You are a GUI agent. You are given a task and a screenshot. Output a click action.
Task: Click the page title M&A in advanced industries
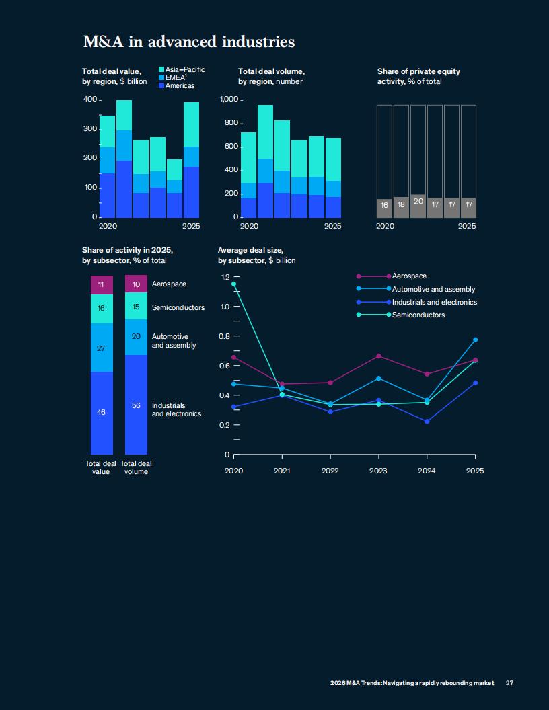point(188,42)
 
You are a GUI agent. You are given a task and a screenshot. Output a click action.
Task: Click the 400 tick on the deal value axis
point(90,100)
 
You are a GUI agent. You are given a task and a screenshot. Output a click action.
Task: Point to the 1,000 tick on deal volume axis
point(229,100)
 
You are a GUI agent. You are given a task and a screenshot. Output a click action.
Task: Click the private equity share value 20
point(418,201)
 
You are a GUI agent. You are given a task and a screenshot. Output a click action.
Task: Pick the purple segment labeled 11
point(102,284)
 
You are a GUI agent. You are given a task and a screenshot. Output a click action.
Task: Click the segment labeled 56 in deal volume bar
point(136,405)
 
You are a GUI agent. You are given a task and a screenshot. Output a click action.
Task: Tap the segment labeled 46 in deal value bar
point(102,412)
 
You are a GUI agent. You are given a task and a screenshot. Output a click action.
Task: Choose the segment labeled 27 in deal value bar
point(102,348)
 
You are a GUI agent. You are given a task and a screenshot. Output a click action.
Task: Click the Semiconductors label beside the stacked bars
point(178,307)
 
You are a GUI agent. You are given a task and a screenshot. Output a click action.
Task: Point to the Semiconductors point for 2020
point(233,284)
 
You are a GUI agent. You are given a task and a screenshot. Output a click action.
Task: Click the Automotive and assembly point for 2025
point(475,340)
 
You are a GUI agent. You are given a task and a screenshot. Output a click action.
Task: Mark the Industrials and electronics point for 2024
point(427,421)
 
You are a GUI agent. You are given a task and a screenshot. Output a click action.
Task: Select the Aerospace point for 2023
point(378,356)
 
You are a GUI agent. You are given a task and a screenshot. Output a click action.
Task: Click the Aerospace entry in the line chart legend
point(409,276)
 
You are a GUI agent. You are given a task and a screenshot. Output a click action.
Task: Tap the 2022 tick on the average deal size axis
point(330,471)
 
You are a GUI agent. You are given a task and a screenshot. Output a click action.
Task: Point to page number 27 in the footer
point(509,683)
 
